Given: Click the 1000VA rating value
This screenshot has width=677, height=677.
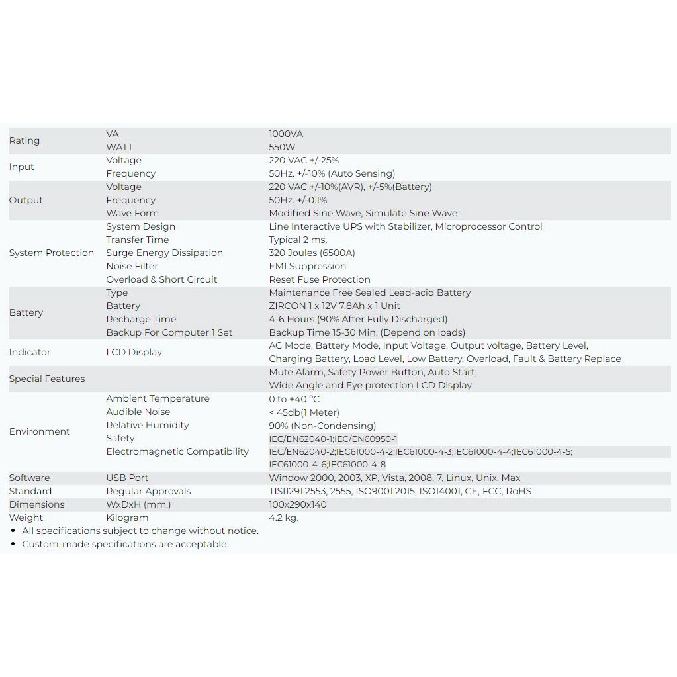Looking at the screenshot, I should tap(286, 134).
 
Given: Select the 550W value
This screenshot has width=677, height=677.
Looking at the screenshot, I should tap(282, 147).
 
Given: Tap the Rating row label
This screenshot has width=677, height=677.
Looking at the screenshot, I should tap(24, 140).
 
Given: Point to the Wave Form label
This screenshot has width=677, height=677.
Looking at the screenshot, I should tap(132, 213).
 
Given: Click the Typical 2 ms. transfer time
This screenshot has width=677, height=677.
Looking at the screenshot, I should tap(298, 240).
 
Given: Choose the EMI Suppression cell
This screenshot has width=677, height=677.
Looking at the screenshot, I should tap(307, 266).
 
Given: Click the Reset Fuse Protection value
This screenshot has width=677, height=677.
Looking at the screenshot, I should tap(320, 279).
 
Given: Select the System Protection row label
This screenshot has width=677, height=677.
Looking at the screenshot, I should tap(52, 253).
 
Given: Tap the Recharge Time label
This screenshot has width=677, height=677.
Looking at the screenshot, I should tap(141, 319).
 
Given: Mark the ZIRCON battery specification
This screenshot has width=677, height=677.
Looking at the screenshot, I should tap(334, 306).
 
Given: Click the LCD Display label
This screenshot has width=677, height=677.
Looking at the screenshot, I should tap(134, 352).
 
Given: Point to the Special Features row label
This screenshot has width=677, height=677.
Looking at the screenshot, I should tap(47, 379).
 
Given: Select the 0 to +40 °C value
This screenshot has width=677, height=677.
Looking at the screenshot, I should tap(294, 398).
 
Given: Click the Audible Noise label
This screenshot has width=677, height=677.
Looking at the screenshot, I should tap(138, 412).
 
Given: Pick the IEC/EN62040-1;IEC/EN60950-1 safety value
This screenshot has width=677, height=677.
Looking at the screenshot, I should tap(333, 439).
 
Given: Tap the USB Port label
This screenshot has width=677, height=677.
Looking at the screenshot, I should tap(127, 478).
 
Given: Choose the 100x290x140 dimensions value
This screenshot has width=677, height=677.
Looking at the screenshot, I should tap(298, 504).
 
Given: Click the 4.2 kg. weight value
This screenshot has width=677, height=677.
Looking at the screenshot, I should tap(284, 518).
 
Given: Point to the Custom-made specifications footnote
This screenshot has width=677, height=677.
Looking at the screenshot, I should tap(125, 544).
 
